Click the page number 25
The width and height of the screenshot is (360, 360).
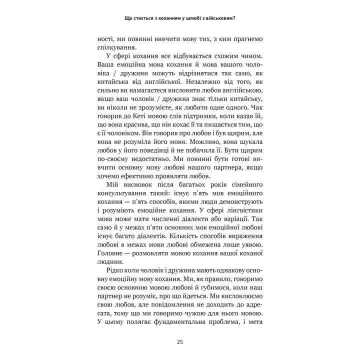[x=180, y=342]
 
